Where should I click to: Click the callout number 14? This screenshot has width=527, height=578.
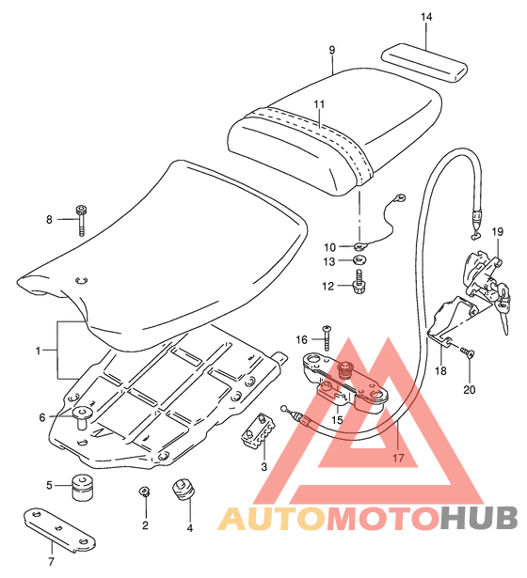pos(426,17)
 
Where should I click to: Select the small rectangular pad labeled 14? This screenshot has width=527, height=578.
pos(424,62)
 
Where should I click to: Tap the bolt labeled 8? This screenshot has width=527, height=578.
pos(81,220)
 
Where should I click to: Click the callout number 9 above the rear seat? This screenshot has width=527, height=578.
pos(332,50)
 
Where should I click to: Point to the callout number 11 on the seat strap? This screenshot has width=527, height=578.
pos(319,104)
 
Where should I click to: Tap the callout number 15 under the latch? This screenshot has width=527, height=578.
pos(337,419)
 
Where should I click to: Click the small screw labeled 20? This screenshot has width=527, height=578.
pos(468,352)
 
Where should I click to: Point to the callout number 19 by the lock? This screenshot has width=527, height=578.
pos(497,232)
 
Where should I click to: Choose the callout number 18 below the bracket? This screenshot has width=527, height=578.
pos(440,370)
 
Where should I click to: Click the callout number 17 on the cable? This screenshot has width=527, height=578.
pos(398,458)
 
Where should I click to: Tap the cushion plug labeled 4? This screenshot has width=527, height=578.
pos(184,490)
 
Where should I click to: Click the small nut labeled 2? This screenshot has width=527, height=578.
pos(144,492)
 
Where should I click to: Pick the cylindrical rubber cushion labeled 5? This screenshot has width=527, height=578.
pos(82,487)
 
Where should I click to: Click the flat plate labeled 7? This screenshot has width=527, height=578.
pos(59,530)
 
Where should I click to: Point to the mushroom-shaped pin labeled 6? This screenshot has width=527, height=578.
pos(82,416)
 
